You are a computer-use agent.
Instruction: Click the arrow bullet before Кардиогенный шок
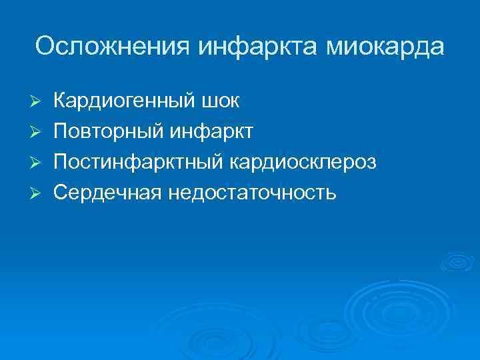pos(38,101)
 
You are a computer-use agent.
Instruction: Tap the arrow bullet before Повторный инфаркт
pos(38,132)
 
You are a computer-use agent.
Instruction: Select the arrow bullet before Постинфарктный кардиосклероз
pos(38,163)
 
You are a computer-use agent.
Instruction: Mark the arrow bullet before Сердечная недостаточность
pos(38,193)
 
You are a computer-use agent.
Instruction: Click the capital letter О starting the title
pos(45,47)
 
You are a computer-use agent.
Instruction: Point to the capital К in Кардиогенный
pos(59,101)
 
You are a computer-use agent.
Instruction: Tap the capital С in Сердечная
pos(60,193)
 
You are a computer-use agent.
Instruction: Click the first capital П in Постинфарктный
pos(60,162)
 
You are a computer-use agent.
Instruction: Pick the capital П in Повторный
pos(60,131)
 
